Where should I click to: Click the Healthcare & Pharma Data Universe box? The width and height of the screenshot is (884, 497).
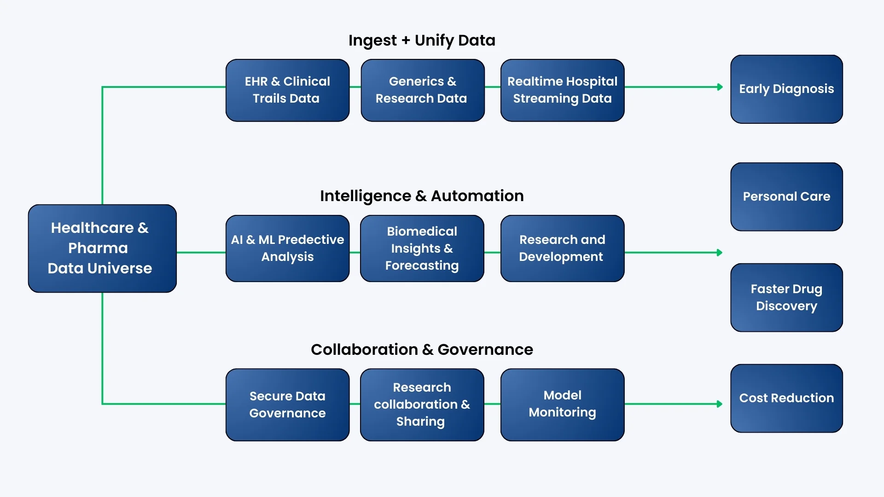(102, 248)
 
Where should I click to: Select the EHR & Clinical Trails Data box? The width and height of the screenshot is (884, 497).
(287, 90)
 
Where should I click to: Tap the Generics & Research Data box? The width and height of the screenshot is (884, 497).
(422, 90)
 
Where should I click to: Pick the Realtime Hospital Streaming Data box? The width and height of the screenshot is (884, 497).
(562, 90)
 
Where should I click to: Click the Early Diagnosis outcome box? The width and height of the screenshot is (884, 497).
(786, 89)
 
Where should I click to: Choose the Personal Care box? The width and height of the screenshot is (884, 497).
(786, 196)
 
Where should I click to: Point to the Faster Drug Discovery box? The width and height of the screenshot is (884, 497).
(786, 297)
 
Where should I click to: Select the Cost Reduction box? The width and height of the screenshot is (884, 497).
(786, 398)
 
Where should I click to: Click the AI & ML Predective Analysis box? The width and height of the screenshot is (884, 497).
(287, 248)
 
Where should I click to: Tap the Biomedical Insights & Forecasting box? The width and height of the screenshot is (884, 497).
(422, 248)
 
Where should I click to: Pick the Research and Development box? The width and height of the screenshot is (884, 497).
(562, 248)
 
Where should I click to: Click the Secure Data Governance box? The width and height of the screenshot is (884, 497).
(287, 405)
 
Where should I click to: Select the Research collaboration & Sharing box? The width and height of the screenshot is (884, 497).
(422, 405)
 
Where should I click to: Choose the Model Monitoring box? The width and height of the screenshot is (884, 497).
(562, 405)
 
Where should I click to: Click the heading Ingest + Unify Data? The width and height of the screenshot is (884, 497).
(422, 40)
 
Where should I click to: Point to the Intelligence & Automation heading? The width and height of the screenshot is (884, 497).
(422, 196)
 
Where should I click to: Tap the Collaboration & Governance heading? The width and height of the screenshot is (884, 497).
(422, 350)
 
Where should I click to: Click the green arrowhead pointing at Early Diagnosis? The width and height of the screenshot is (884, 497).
(720, 87)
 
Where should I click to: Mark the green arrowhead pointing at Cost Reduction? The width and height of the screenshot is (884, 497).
(720, 404)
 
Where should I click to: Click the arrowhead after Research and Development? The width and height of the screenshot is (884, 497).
(720, 253)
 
